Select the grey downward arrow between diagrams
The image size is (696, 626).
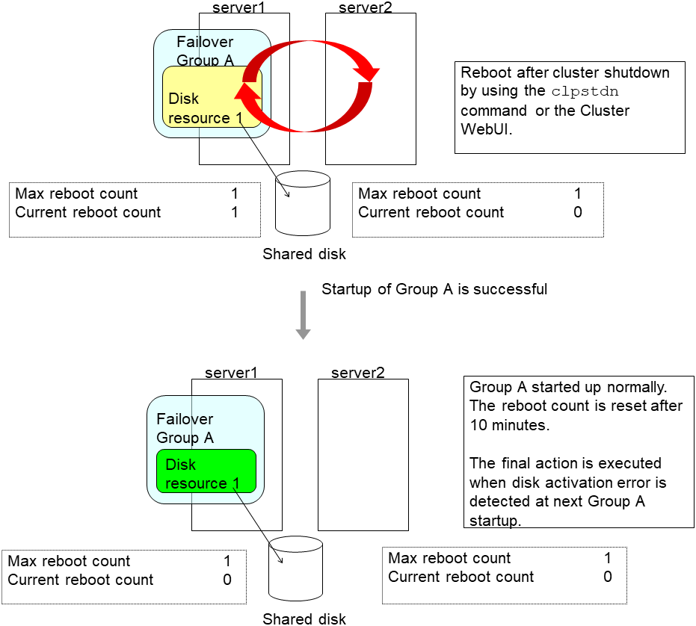(x=303, y=314)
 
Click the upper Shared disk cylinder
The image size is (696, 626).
(x=303, y=203)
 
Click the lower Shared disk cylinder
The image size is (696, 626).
(x=296, y=569)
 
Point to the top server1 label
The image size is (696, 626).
(x=239, y=7)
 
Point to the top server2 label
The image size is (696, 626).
(x=366, y=7)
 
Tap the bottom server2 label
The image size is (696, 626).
(x=358, y=372)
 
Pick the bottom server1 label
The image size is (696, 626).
(x=232, y=372)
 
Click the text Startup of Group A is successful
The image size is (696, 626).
(x=434, y=288)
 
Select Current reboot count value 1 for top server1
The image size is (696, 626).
(x=235, y=212)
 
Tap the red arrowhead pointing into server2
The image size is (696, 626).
(x=369, y=72)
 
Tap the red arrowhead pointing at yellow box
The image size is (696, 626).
(x=245, y=91)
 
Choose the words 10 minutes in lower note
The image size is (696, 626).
(x=508, y=426)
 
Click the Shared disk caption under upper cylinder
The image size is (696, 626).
(x=304, y=254)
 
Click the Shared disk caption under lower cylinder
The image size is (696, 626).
(x=304, y=619)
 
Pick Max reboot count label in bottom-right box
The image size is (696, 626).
(x=449, y=558)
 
